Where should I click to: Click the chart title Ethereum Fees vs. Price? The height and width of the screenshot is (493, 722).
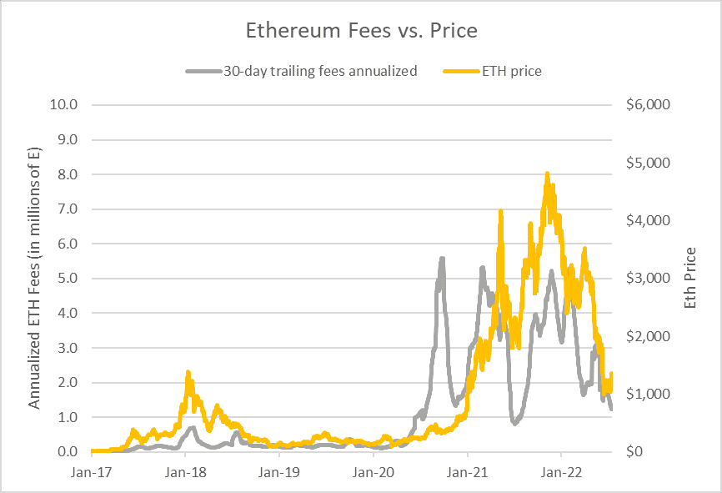(x=360, y=31)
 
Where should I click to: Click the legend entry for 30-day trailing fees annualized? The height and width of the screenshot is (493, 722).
(x=319, y=71)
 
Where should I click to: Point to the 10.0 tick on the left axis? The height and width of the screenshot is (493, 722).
(x=64, y=105)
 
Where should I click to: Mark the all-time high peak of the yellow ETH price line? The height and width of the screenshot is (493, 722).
(x=547, y=174)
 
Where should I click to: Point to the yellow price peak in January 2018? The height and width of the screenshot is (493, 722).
(x=188, y=372)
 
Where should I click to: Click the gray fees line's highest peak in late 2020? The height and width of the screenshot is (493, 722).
(x=442, y=259)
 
